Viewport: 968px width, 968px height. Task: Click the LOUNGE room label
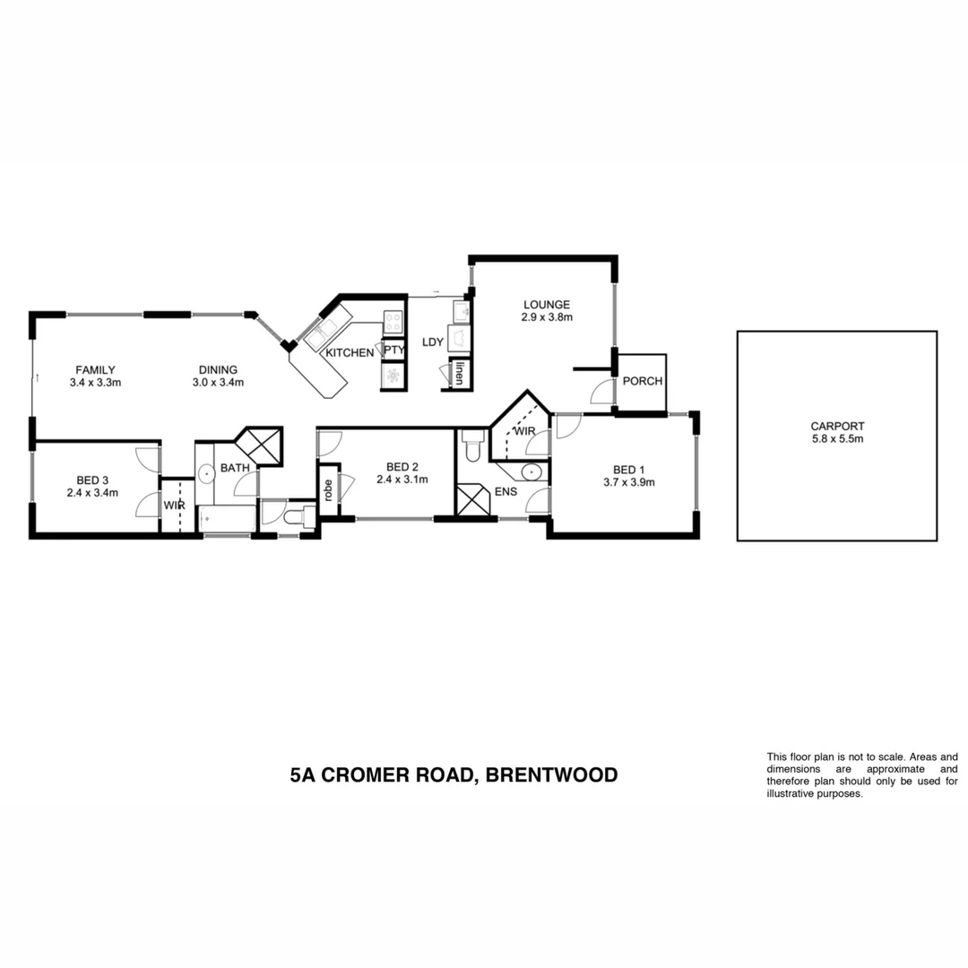(x=547, y=305)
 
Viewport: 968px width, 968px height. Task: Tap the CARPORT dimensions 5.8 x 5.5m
(x=836, y=439)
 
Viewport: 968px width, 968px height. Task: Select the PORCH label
(x=642, y=381)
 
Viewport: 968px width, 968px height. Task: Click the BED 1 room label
(x=628, y=470)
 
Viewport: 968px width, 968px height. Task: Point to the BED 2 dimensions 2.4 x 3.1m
(x=402, y=480)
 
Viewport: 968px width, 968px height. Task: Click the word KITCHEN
(x=350, y=353)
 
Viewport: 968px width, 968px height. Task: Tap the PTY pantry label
(x=394, y=350)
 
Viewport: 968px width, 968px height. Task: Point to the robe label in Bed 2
(x=329, y=490)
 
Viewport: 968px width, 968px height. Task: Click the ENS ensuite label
(x=505, y=492)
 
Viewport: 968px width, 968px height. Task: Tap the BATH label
(x=235, y=468)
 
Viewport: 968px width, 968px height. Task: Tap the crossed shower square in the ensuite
(x=473, y=499)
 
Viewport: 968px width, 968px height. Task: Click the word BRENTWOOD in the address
(x=551, y=774)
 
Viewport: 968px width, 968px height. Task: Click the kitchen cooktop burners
(x=393, y=322)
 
